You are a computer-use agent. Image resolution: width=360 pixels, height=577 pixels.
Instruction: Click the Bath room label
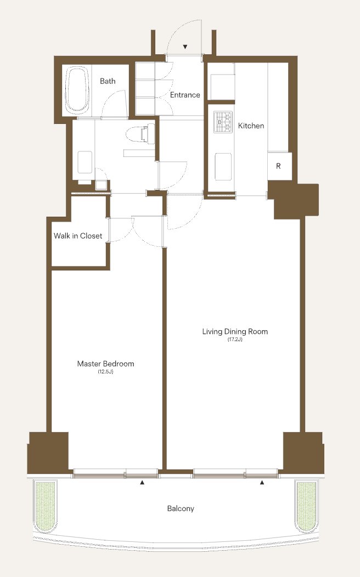pyautogui.click(x=108, y=81)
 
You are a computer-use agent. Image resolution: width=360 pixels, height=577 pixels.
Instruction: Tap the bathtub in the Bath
pyautogui.click(x=77, y=89)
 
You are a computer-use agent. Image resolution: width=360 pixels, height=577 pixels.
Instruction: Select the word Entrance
pyautogui.click(x=185, y=95)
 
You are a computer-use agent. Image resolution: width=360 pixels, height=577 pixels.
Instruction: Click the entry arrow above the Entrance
pyautogui.click(x=185, y=47)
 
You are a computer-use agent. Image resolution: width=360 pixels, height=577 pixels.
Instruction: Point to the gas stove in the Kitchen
pyautogui.click(x=224, y=121)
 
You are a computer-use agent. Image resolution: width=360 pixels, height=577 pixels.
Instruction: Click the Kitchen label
pyautogui.click(x=251, y=126)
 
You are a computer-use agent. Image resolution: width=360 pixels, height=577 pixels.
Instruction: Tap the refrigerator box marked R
pyautogui.click(x=279, y=166)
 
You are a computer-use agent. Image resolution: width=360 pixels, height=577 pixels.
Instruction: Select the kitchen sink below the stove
pyautogui.click(x=223, y=167)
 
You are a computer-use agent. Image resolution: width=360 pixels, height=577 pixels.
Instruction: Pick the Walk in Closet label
pyautogui.click(x=78, y=236)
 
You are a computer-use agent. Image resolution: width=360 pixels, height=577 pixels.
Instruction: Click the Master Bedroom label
pyautogui.click(x=106, y=364)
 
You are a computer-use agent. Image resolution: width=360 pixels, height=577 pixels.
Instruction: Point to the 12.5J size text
pyautogui.click(x=106, y=372)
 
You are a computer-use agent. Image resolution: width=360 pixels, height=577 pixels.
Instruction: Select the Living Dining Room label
pyautogui.click(x=235, y=331)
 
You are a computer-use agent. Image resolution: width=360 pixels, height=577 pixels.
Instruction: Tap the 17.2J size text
pyautogui.click(x=235, y=340)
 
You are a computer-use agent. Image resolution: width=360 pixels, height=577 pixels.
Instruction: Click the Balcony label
pyautogui.click(x=181, y=508)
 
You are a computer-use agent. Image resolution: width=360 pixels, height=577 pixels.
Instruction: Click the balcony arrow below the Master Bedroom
pyautogui.click(x=143, y=482)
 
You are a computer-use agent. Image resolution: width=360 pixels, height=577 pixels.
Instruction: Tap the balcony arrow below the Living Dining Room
pyautogui.click(x=262, y=482)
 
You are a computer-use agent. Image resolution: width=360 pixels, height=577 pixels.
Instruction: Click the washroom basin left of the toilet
pyautogui.click(x=85, y=162)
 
